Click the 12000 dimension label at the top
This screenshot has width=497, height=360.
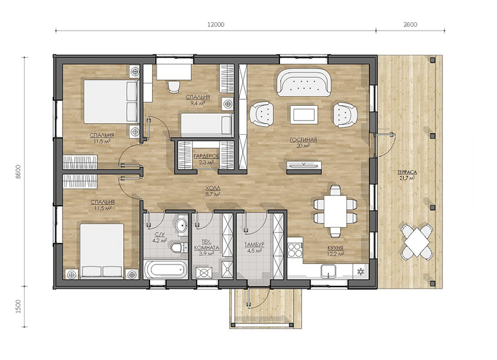coord(216,24)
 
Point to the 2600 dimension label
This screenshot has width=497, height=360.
coord(410,24)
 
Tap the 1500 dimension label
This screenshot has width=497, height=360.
coord(18,306)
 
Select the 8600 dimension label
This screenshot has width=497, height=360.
coord(18,172)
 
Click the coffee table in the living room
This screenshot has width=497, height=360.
coord(303,114)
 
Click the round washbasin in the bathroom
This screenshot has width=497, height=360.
coord(181,225)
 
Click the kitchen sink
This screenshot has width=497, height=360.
coord(328,271)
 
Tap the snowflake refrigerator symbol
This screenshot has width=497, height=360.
coord(361,271)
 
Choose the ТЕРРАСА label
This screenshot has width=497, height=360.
coord(407,172)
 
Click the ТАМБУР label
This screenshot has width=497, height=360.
coord(254,245)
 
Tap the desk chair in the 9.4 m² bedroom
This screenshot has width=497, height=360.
coord(174,86)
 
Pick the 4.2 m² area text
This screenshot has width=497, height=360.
coord(160,241)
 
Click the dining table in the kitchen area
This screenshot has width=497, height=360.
coord(335,211)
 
